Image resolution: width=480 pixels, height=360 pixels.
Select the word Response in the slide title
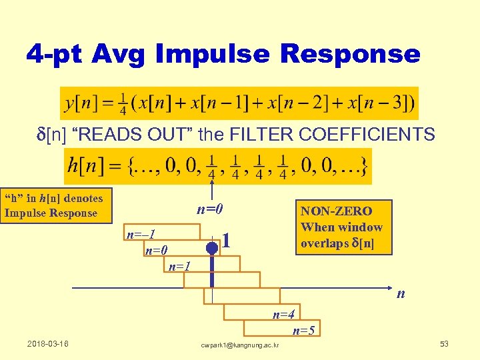coord(357,54)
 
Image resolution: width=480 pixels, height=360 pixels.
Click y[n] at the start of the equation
coord(79,104)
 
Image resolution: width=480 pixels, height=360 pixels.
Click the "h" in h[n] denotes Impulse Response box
coord(55,205)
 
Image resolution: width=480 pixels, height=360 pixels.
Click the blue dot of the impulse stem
coord(211,248)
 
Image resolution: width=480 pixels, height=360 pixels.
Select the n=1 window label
coord(179,267)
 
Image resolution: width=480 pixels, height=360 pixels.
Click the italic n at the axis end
coord(401,294)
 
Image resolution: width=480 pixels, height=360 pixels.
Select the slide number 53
coord(444,344)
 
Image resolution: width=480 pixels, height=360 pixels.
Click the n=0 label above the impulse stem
coord(209,210)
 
